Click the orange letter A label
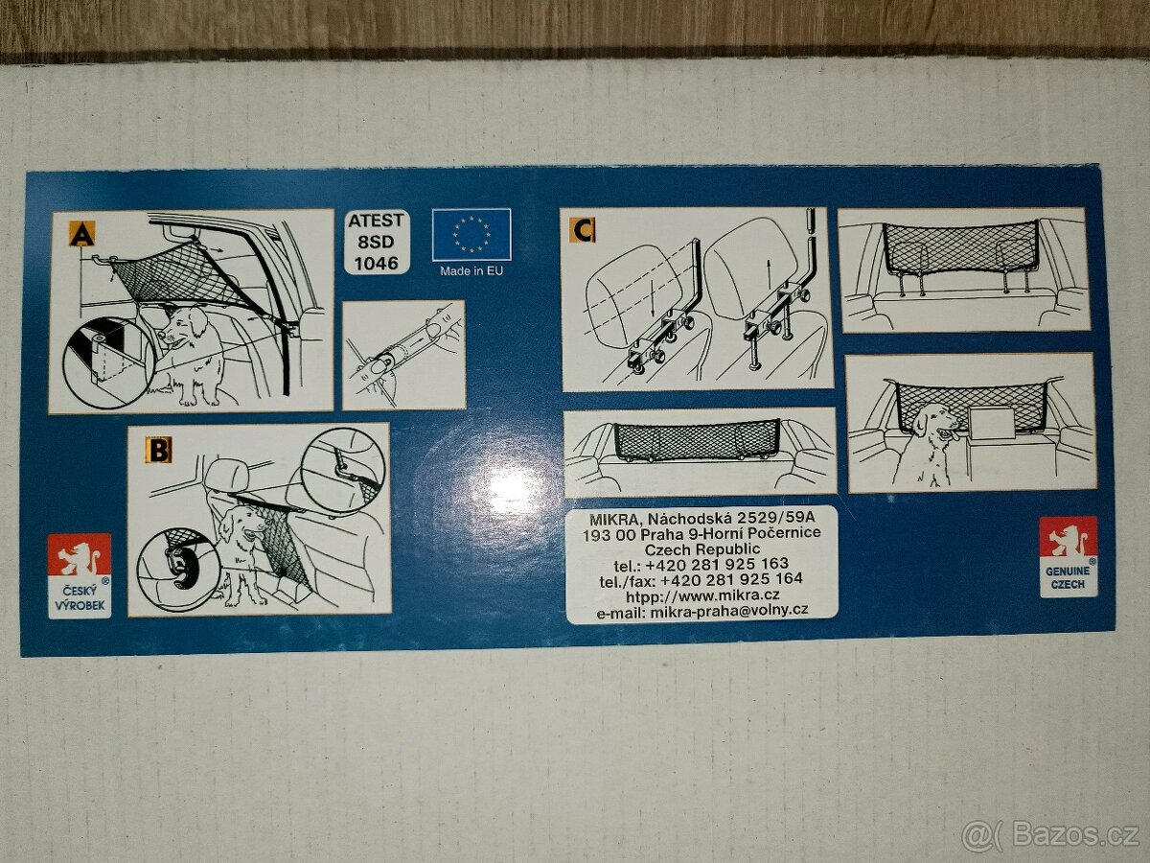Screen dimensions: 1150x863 pyautogui.click(x=82, y=234)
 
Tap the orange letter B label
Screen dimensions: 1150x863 pyautogui.click(x=159, y=451)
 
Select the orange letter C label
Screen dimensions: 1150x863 pyautogui.click(x=583, y=230)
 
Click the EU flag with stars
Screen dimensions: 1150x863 pyautogui.click(x=471, y=234)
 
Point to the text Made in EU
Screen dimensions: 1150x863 pyautogui.click(x=471, y=271)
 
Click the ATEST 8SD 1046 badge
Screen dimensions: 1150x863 pyautogui.click(x=377, y=242)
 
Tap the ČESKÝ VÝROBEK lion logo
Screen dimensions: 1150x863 pyautogui.click(x=80, y=576)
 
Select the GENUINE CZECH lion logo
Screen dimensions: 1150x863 pyautogui.click(x=1069, y=557)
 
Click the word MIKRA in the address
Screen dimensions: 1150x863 pyautogui.click(x=614, y=520)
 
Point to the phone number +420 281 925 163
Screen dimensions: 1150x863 pyautogui.click(x=717, y=564)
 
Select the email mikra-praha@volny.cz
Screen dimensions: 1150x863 pyautogui.click(x=728, y=611)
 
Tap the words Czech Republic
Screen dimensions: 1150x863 pyautogui.click(x=702, y=549)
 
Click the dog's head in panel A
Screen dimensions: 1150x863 pyautogui.click(x=183, y=327)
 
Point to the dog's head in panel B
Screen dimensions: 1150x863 pyautogui.click(x=240, y=525)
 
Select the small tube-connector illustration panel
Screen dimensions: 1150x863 pyautogui.click(x=403, y=355)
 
